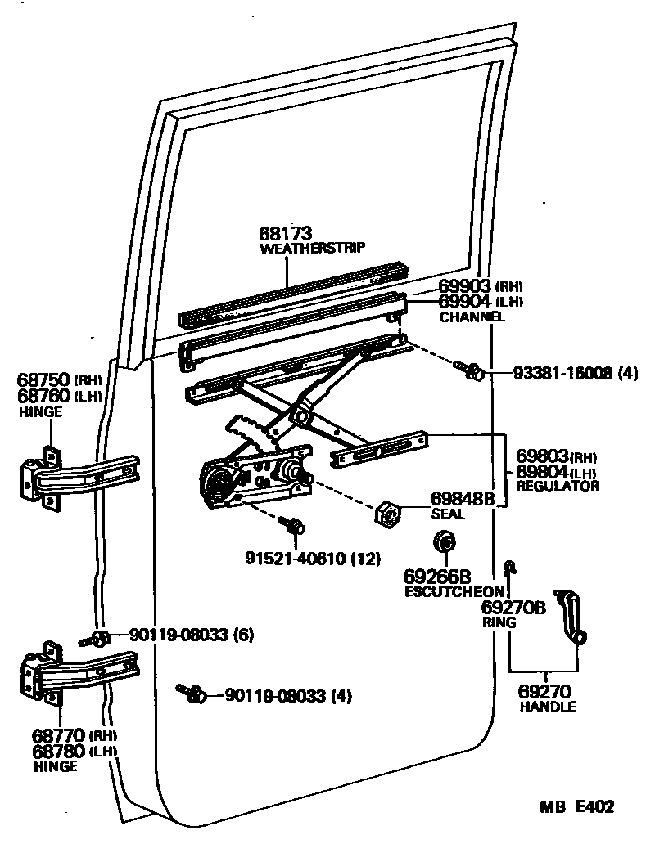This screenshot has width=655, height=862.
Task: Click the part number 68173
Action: [x=286, y=234]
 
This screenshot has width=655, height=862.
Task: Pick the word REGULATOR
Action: [x=558, y=486]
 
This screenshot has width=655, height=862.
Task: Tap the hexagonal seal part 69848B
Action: [x=386, y=514]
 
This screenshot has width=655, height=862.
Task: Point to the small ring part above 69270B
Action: [x=509, y=565]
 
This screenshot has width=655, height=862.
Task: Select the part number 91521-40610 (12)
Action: [x=313, y=559]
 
